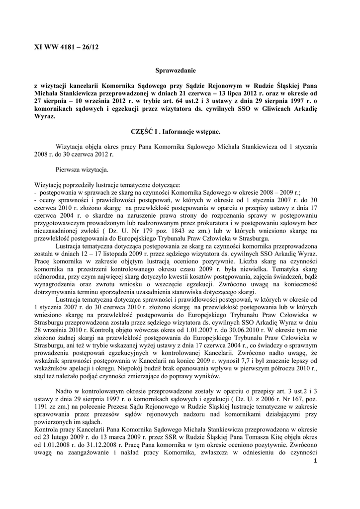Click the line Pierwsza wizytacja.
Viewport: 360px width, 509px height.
(x=82, y=170)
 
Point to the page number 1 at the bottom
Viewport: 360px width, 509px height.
(x=315, y=462)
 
